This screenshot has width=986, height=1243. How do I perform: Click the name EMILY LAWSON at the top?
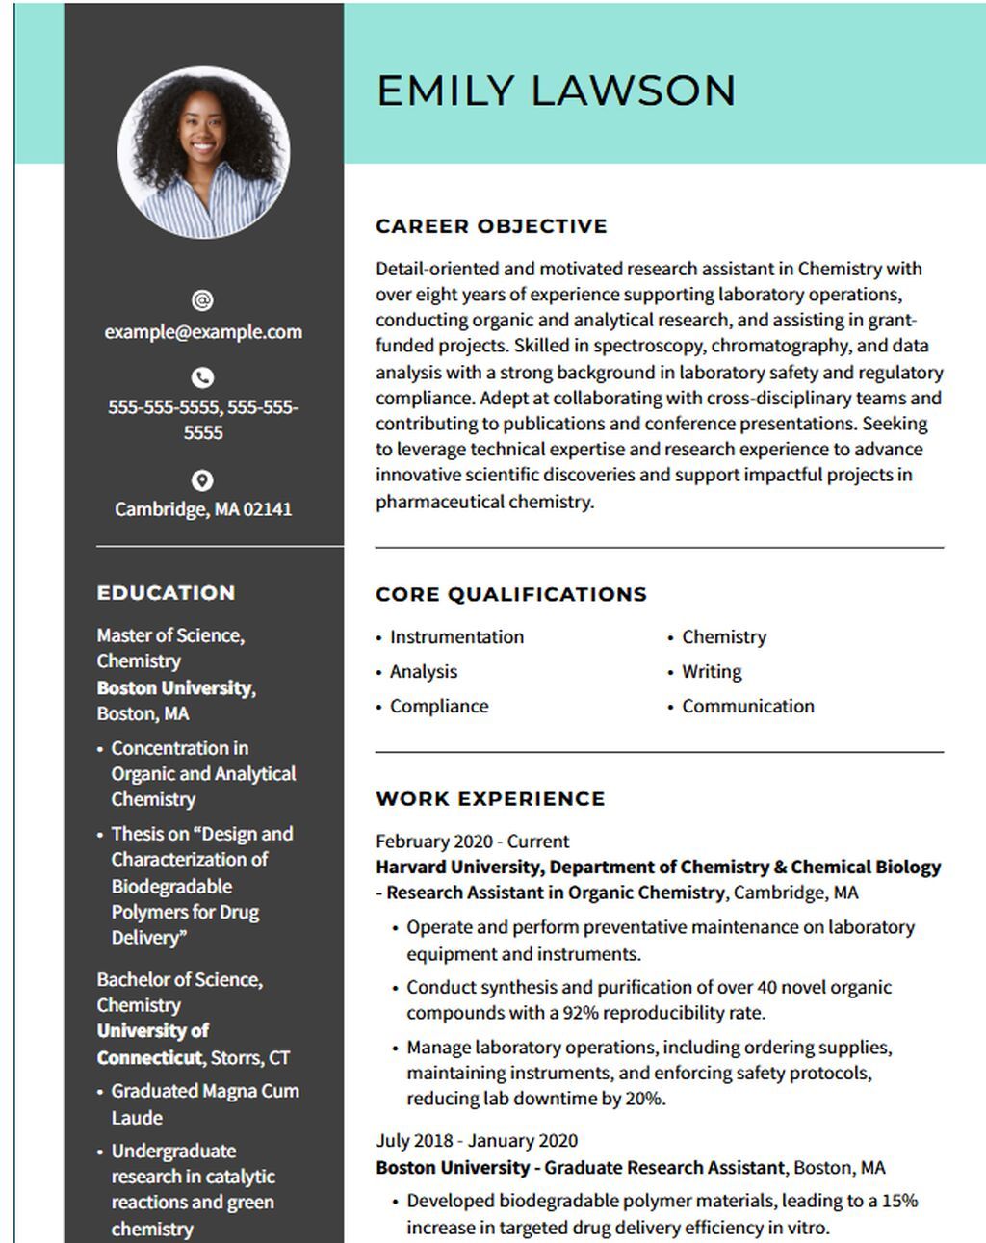tap(556, 91)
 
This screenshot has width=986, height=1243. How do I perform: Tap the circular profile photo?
tap(203, 152)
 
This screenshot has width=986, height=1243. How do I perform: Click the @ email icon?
tap(202, 300)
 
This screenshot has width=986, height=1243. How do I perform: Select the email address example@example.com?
tap(203, 332)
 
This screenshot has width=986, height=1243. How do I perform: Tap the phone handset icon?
tap(202, 377)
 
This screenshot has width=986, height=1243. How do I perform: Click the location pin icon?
tap(202, 479)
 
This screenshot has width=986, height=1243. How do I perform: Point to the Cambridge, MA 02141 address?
tap(203, 508)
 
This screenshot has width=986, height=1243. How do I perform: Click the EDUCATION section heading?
tap(166, 593)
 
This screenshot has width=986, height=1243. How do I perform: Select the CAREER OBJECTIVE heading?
tap(491, 226)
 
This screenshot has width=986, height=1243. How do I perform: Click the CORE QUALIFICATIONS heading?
tap(510, 594)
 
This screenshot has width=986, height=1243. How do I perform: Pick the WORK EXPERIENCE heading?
tap(490, 798)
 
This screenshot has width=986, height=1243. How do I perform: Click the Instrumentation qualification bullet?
tap(456, 636)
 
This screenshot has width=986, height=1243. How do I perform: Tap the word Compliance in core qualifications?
tap(439, 706)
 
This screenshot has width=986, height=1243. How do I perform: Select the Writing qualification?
tap(712, 671)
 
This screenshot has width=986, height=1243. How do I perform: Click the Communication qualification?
tap(748, 706)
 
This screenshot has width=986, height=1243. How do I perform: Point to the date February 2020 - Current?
tap(472, 841)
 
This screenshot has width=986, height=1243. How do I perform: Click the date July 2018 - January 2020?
tap(477, 1140)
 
